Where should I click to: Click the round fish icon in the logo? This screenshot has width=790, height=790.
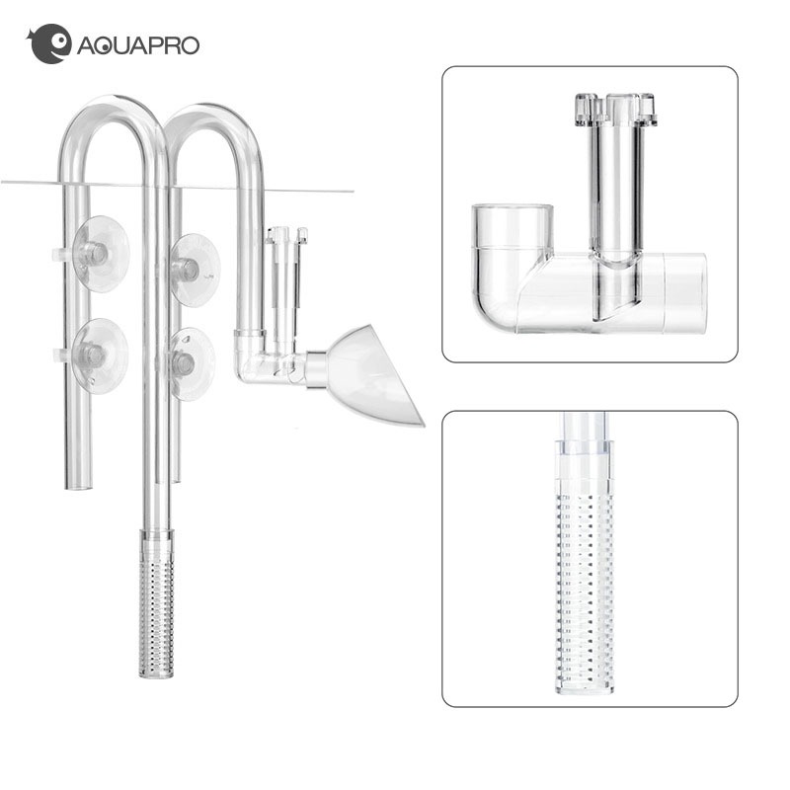[48, 44]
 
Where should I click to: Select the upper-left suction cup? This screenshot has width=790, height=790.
[100, 254]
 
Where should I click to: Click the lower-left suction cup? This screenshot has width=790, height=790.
[99, 355]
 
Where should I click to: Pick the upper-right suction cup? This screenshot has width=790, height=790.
[194, 269]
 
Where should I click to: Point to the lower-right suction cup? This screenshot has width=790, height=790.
[190, 363]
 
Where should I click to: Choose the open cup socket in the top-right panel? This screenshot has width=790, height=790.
[512, 227]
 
